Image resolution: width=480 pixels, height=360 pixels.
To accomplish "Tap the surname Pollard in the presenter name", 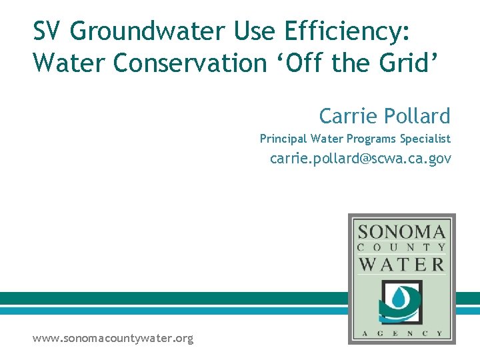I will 418,116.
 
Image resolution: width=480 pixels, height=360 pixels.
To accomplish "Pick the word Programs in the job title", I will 371,139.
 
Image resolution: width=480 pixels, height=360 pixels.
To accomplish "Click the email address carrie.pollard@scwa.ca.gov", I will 360,159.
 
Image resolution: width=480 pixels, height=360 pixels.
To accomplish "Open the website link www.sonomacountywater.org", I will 113,339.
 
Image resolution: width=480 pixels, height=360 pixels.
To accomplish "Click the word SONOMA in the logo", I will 401,232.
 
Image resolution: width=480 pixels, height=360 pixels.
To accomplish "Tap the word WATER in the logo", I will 401,263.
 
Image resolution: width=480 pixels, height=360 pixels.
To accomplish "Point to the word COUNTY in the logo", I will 401,247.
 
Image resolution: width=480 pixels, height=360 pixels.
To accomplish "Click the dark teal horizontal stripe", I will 173,298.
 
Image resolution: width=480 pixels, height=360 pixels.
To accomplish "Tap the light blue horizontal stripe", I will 173,311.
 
